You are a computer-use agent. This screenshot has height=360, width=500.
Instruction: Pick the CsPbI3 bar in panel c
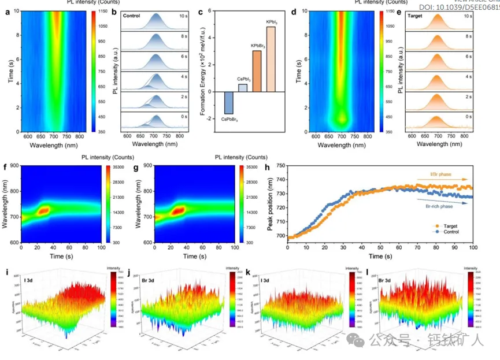click(x=243, y=88)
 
